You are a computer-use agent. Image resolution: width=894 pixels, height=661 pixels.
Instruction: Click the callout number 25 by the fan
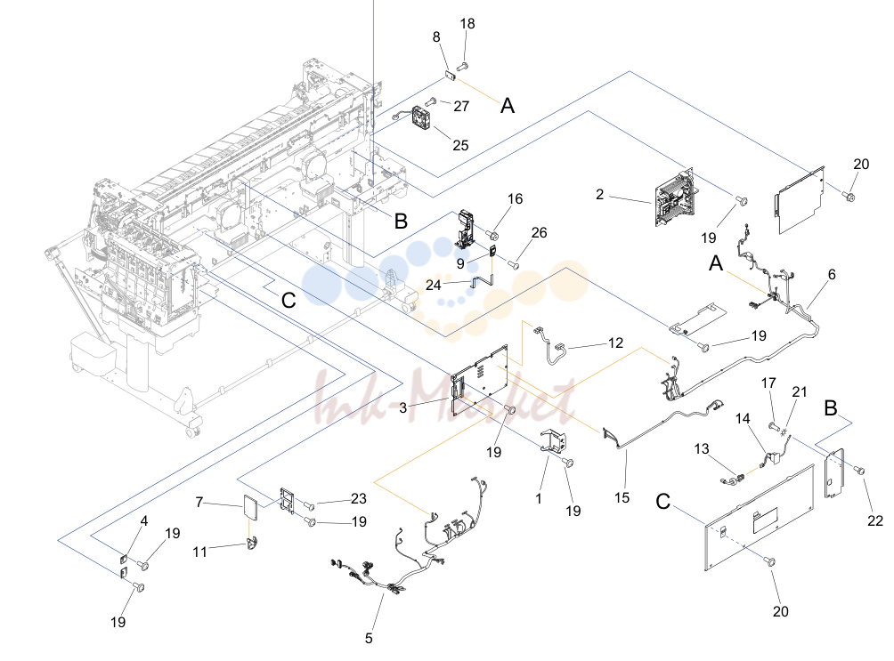(460, 145)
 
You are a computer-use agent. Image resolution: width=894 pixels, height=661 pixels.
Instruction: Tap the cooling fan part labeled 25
(422, 118)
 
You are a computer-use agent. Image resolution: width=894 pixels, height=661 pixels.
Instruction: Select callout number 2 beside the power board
(600, 195)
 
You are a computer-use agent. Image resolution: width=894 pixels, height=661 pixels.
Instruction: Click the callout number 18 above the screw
(467, 24)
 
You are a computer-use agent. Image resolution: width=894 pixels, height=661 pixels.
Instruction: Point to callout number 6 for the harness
(832, 275)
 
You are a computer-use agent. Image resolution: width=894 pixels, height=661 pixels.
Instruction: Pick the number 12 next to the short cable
(616, 343)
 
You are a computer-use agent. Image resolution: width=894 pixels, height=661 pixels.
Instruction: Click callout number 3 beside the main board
(403, 408)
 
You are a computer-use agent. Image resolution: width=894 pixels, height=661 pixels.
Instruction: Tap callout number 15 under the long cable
(622, 498)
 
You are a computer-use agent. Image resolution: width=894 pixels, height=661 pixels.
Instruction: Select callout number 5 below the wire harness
(369, 639)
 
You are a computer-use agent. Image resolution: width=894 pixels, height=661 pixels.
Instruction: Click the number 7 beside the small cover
(199, 502)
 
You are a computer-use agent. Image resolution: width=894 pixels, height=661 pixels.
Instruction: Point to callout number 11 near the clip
(199, 552)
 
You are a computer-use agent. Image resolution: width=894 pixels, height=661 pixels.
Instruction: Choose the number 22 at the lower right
(875, 520)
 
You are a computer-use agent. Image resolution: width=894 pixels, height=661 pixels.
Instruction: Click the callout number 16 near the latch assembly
(515, 199)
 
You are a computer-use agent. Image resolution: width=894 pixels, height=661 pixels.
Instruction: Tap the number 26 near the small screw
(539, 233)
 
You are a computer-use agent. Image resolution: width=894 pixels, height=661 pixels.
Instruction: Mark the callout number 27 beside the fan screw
(461, 107)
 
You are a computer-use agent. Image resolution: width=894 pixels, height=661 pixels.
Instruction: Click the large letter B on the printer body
(401, 222)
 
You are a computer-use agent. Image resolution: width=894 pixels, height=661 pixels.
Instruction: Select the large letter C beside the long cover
(663, 502)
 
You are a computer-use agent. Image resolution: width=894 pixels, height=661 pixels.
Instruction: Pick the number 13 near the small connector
(702, 449)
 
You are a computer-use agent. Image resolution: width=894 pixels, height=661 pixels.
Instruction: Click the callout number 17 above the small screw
(768, 383)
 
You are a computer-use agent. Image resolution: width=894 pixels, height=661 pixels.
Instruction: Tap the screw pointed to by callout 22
(859, 471)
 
